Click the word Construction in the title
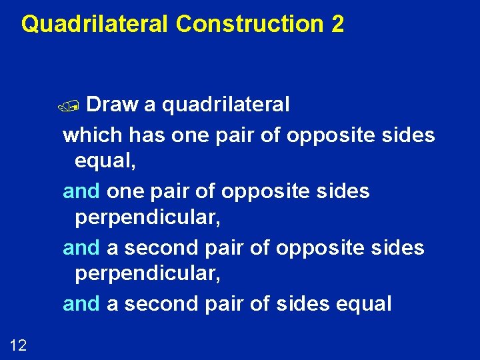point(249,24)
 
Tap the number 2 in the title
point(337,24)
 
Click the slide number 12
point(18,345)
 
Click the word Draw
point(112,105)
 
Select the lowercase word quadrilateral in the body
point(226,105)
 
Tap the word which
point(93,135)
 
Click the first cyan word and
point(81,191)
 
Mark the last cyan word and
point(81,304)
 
